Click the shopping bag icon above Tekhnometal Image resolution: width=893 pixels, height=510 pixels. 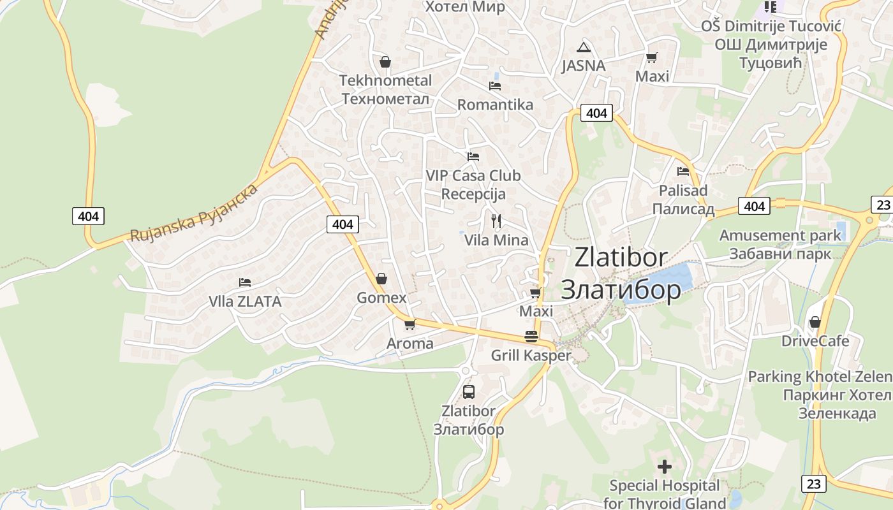(385, 62)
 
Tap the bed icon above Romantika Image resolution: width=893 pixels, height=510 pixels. (494, 85)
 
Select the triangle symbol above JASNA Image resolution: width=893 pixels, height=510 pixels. (583, 47)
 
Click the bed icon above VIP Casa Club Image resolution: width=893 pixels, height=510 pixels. (473, 156)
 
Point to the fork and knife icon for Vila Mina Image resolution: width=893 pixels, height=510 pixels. (496, 221)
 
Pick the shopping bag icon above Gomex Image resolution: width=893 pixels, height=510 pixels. (381, 279)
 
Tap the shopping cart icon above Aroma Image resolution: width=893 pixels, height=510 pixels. (410, 324)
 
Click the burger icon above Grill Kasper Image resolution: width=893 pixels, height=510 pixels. (531, 336)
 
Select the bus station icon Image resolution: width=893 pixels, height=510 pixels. (468, 392)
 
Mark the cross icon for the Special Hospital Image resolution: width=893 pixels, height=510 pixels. (665, 467)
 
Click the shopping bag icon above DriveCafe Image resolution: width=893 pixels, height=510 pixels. (815, 322)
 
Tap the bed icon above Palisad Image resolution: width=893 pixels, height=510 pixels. (683, 171)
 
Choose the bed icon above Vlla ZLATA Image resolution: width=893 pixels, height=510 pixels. (244, 282)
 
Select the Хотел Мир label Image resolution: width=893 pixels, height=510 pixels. (464, 7)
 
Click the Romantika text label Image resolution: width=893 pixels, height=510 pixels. (495, 105)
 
